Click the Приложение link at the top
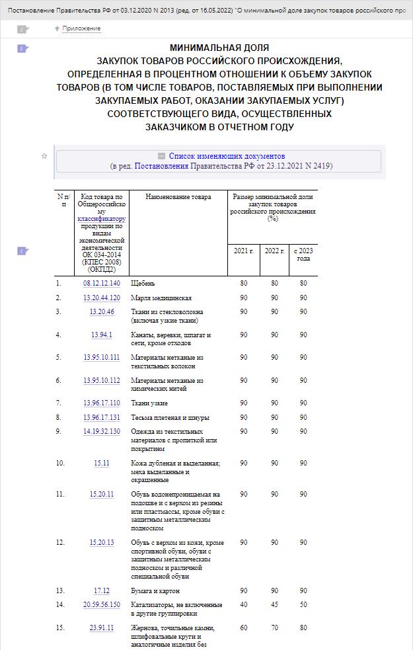pos(81,28)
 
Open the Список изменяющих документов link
pos(227,156)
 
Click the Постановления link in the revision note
pos(161,166)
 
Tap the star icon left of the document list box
pos(44,156)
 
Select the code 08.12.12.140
pos(102,284)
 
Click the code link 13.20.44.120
pos(102,298)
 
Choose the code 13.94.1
pos(102,335)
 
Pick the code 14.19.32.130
pos(102,432)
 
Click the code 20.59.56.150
pos(102,605)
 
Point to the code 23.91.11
pos(102,628)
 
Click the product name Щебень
pos(143,284)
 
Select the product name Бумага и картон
pos(155,591)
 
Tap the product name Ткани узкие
pos(149,403)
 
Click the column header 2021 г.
pos(244,251)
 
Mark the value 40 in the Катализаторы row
pos(244,605)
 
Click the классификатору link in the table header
pos(101,218)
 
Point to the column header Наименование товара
pos(178,197)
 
